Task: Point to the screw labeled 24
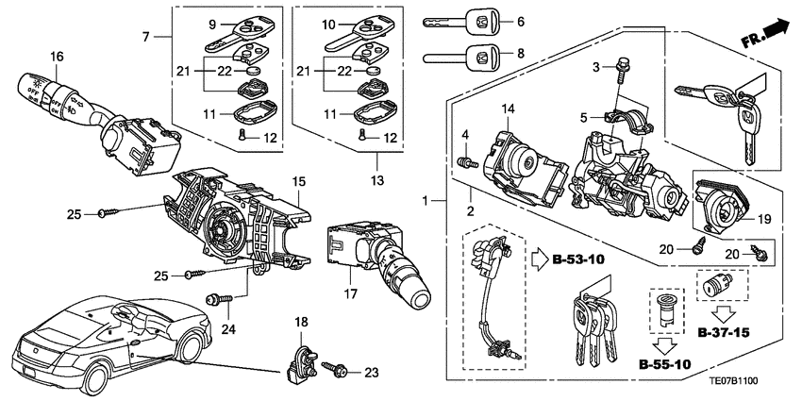(215, 299)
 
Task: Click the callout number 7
(146, 37)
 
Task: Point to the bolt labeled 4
(465, 162)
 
